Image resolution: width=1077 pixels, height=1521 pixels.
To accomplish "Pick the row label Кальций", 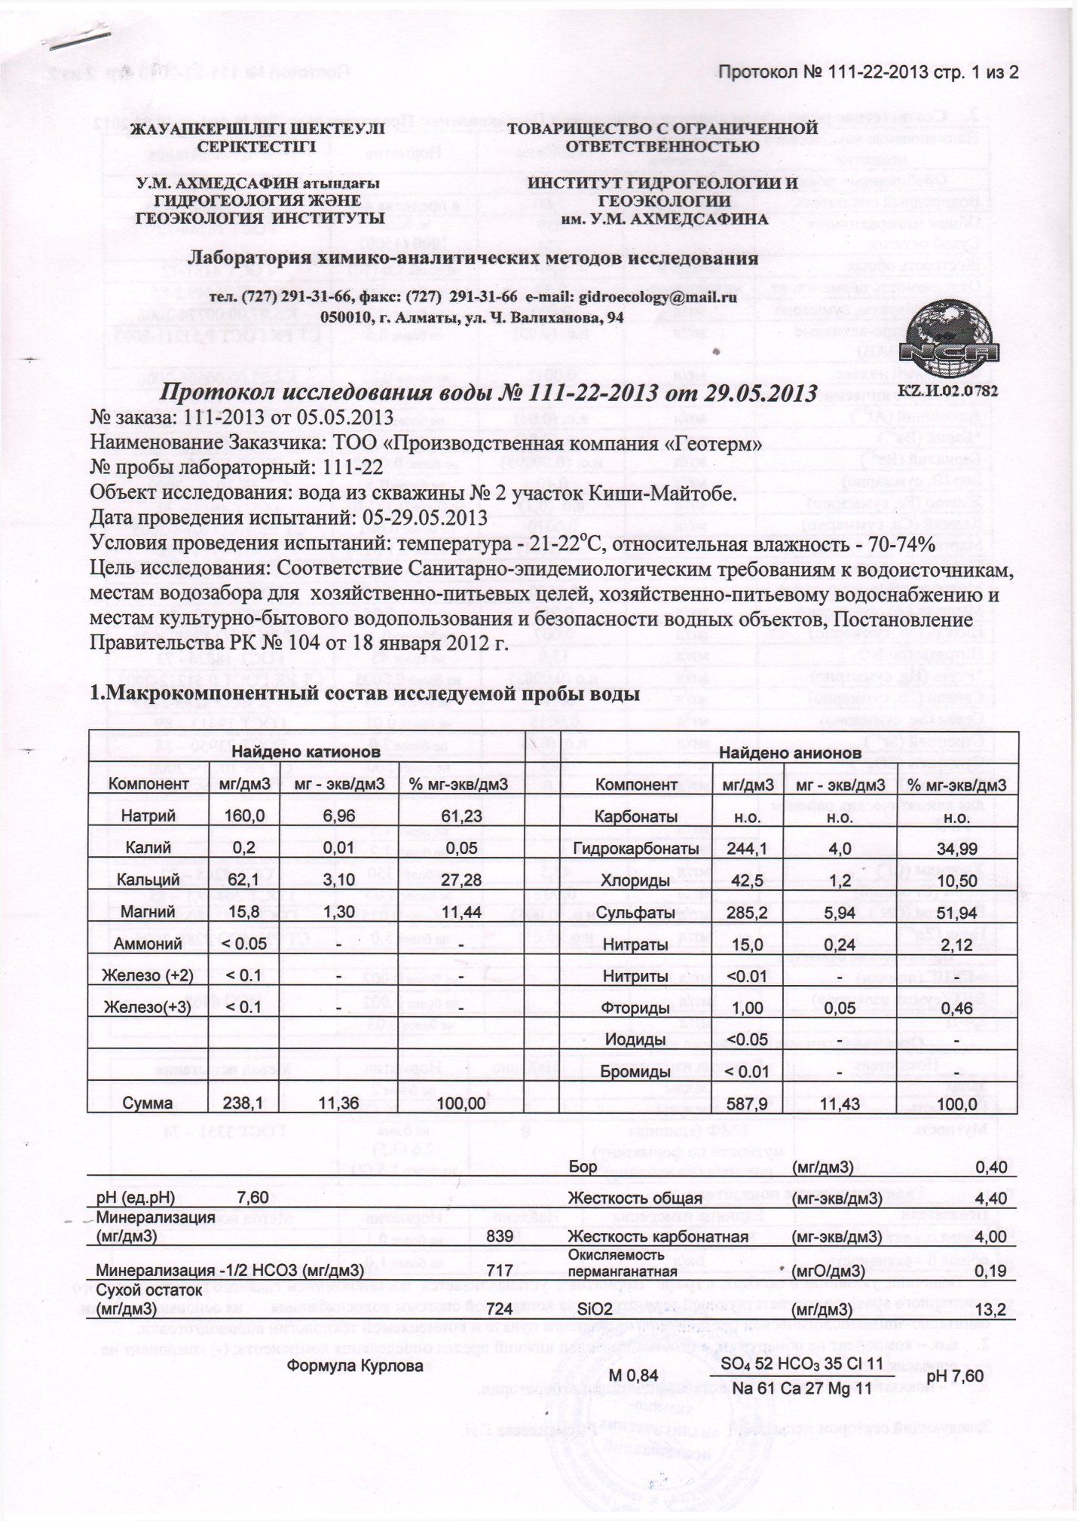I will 148,880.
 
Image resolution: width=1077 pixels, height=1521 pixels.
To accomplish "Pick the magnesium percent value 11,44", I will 464,912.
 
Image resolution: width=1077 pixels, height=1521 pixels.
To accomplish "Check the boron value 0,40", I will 991,1168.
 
